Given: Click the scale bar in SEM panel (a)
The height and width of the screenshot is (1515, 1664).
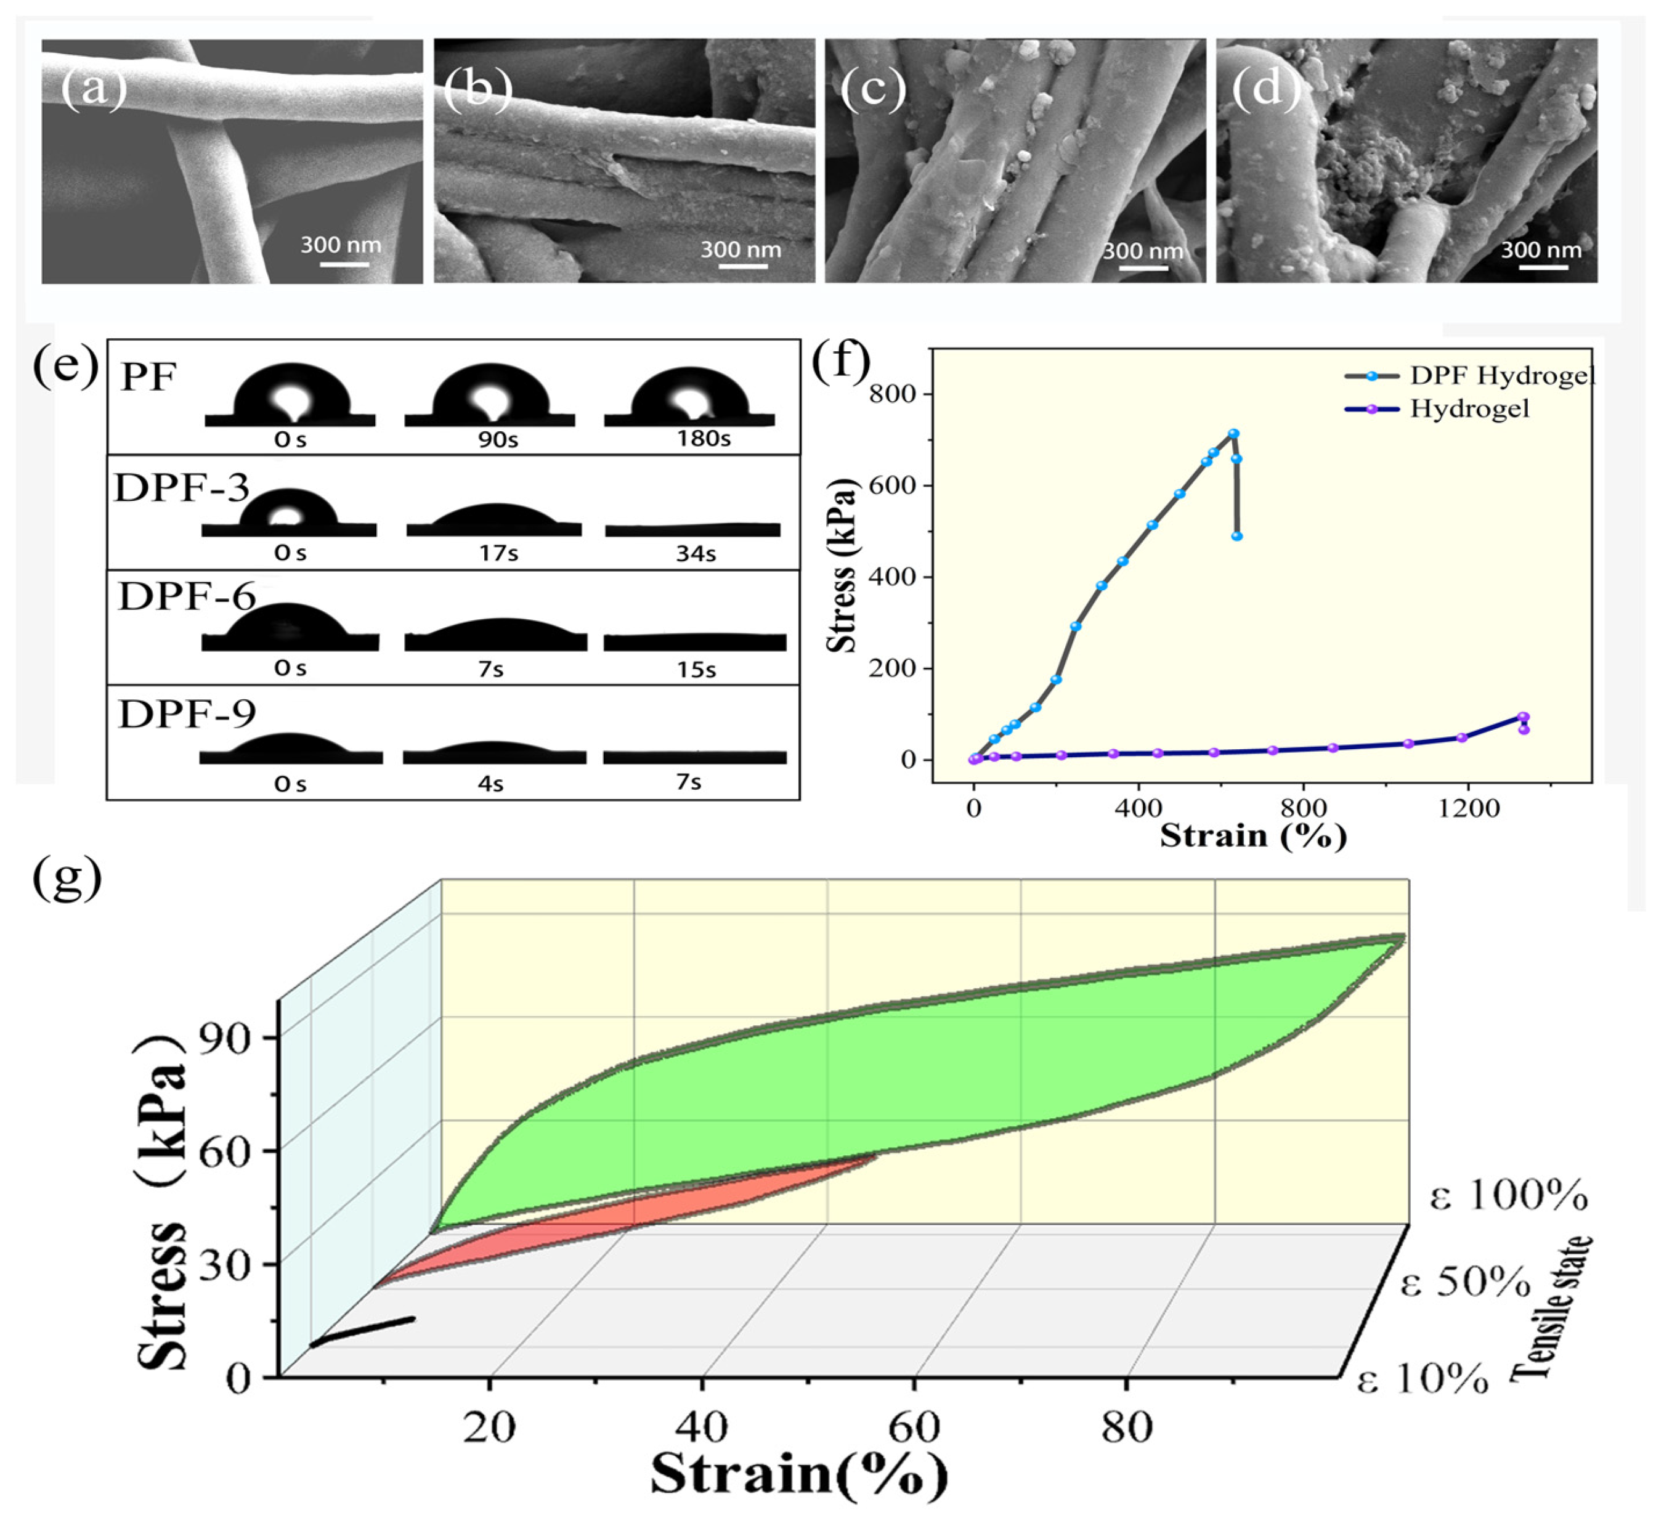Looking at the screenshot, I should (344, 264).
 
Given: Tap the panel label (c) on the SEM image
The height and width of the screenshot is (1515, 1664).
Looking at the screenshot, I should (872, 87).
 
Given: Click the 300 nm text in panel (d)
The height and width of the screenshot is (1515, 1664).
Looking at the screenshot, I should (1540, 250).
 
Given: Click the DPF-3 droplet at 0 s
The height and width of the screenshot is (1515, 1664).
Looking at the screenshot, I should (288, 508).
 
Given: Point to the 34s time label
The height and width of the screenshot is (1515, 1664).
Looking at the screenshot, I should (695, 554).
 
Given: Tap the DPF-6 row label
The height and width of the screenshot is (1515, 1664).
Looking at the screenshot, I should (187, 596).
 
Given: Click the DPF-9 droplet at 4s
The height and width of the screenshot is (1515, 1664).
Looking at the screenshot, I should (493, 750).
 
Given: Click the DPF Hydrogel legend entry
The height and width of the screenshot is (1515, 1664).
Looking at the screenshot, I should (1469, 376).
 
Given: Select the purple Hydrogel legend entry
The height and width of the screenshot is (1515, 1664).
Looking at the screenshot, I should (1436, 408).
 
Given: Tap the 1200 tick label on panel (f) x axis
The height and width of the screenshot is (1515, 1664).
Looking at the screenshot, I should (1467, 808).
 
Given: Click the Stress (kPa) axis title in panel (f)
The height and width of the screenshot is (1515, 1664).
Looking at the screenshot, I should (843, 566).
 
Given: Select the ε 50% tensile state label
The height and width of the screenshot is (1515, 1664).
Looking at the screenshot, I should (1465, 1283).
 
